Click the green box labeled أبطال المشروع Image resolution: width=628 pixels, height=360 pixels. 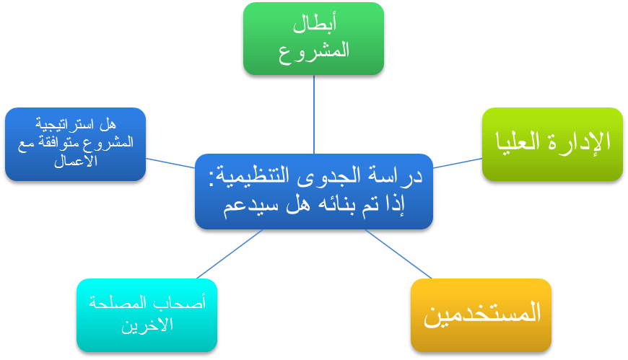click(x=313, y=38)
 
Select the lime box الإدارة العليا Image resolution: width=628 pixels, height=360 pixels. click(x=552, y=144)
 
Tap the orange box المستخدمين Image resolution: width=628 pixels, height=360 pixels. click(x=481, y=315)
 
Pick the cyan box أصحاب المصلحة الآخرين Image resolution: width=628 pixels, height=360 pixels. click(x=147, y=315)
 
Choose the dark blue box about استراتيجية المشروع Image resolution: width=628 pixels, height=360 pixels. click(x=75, y=144)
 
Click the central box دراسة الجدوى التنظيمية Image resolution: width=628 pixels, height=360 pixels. click(x=314, y=191)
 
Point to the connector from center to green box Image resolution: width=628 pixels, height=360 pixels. click(x=314, y=115)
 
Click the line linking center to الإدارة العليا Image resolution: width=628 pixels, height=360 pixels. click(x=458, y=163)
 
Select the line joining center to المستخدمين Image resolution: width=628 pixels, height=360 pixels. click(x=398, y=254)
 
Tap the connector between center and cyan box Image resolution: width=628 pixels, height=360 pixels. click(x=230, y=254)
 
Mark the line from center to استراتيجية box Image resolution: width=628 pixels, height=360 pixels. click(x=170, y=163)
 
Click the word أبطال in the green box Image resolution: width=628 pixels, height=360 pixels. click(x=315, y=24)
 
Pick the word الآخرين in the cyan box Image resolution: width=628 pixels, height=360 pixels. click(x=147, y=325)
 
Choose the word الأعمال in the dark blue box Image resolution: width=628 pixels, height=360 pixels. click(x=76, y=161)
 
